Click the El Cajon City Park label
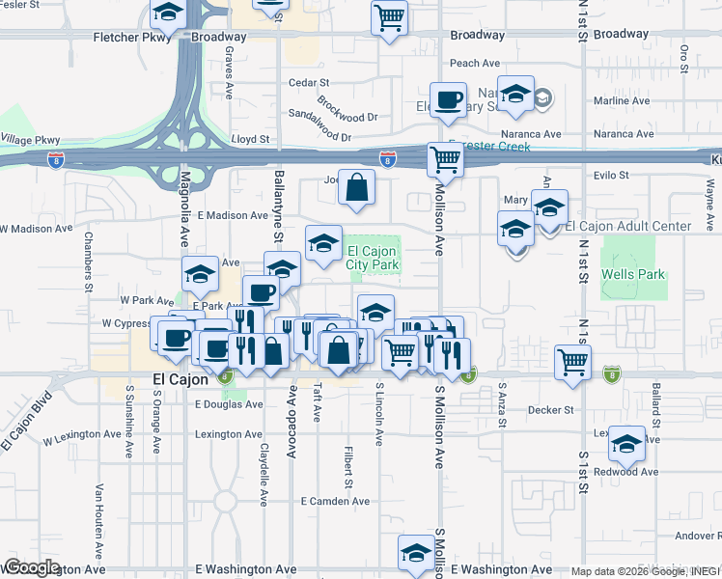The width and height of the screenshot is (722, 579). (x=373, y=258)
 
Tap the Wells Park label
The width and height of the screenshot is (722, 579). (x=633, y=274)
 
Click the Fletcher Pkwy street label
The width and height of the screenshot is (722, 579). (x=129, y=38)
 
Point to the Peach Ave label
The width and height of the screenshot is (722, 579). (x=474, y=64)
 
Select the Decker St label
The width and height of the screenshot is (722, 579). (x=552, y=410)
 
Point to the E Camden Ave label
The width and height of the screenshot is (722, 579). (x=335, y=502)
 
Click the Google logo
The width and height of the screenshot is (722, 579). (x=32, y=567)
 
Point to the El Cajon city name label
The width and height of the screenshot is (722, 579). (x=180, y=380)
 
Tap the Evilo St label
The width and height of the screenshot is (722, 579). (x=612, y=176)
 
